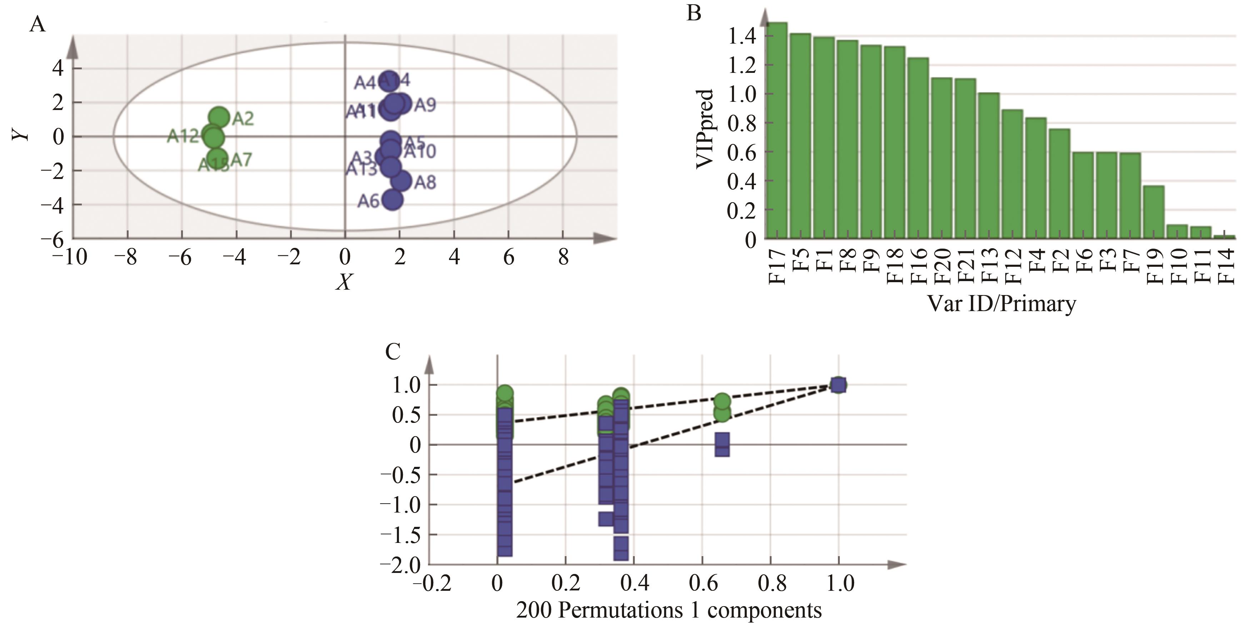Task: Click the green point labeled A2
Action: coord(219,117)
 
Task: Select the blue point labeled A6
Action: coord(393,200)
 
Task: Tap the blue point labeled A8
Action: coord(401,181)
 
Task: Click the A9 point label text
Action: coord(425,105)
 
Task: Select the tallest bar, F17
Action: coord(776,130)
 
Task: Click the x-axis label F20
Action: coord(942,265)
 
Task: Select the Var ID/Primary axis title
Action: coord(1001,304)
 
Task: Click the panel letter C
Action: coord(393,352)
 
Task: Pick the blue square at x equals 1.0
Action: coord(838,385)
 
